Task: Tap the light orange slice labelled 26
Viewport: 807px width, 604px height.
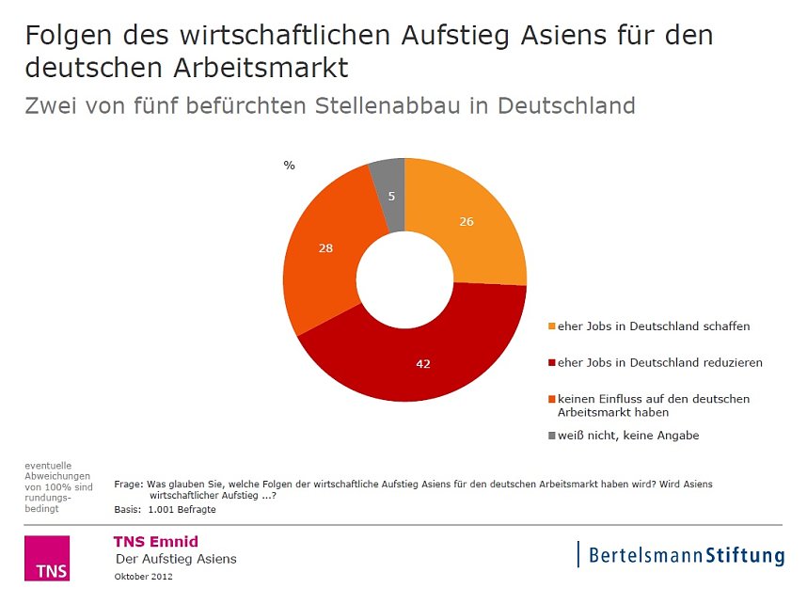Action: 470,226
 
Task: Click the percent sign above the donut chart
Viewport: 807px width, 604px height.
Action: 289,166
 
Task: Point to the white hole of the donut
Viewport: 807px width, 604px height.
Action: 404,280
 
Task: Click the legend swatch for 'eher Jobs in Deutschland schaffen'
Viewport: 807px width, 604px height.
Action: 552,327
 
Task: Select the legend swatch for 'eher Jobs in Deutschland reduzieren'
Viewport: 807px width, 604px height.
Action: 552,362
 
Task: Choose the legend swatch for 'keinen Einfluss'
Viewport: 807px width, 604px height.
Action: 552,399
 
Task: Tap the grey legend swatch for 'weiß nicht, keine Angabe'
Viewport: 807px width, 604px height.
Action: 552,436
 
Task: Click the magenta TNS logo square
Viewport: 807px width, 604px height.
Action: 46,559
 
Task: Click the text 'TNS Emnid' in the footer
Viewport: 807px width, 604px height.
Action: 155,541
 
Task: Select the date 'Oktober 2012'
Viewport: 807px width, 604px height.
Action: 143,576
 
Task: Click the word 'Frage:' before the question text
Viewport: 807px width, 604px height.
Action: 129,485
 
